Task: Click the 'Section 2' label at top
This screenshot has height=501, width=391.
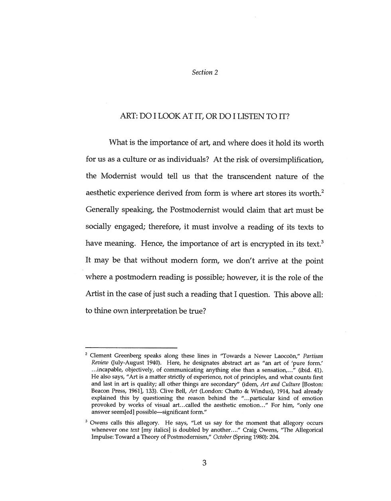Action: (x=205, y=73)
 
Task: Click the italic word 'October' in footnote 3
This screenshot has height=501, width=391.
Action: (x=225, y=437)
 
